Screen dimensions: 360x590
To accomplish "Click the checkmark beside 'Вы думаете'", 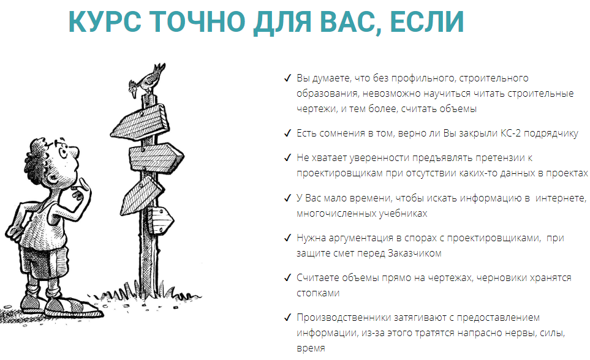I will (x=287, y=78).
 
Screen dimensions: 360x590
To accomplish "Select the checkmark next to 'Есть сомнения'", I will (x=287, y=133).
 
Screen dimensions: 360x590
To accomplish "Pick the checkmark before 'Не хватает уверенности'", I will (x=287, y=158).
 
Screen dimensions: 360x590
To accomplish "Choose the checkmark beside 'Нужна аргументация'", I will (x=287, y=238).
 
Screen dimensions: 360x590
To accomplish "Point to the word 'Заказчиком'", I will (x=415, y=253).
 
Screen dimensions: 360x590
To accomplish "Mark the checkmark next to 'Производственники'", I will (x=287, y=317).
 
